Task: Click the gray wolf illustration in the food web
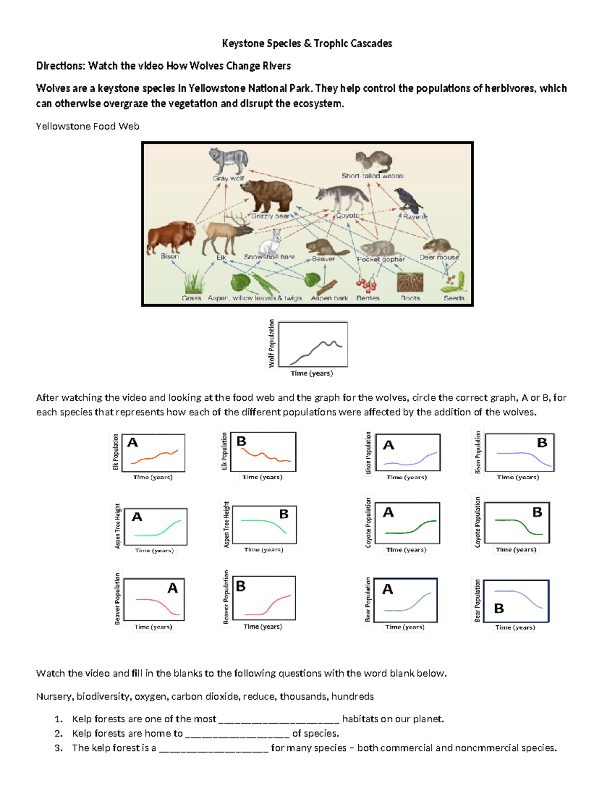click(x=228, y=161)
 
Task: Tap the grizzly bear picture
click(x=267, y=195)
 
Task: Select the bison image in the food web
click(x=171, y=237)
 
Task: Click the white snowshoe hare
click(x=272, y=242)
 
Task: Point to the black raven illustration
click(x=408, y=200)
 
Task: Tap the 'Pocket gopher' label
click(x=381, y=259)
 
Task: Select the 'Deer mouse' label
click(x=439, y=257)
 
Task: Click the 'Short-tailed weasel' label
click(x=373, y=176)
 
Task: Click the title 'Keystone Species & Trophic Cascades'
click(x=307, y=44)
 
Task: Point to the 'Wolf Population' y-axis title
click(x=272, y=343)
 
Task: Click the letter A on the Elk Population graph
click(x=133, y=442)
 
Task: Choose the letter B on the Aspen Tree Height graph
click(x=283, y=514)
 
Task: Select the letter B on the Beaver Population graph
click(x=241, y=586)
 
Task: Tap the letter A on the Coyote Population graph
click(x=388, y=512)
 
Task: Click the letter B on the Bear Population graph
click(x=499, y=608)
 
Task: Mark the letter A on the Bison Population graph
click(x=389, y=445)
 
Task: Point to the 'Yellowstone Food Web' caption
click(x=88, y=127)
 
